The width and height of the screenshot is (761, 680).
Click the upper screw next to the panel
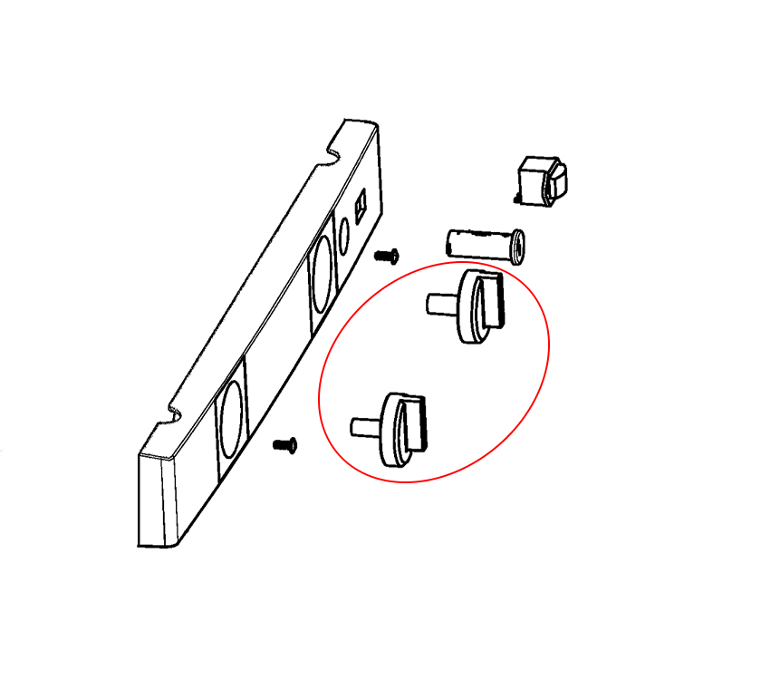pos(387,256)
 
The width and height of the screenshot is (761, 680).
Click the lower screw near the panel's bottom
pos(285,444)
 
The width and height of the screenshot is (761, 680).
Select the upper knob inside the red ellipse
pos(476,308)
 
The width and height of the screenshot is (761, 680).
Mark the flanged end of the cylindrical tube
pos(516,245)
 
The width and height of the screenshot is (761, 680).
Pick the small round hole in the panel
pos(343,237)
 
